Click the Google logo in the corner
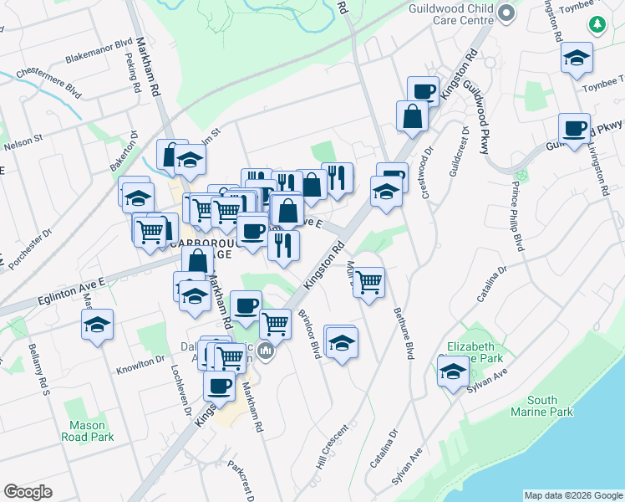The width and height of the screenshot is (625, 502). coord(28,492)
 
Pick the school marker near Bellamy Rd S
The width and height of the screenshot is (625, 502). coord(97,324)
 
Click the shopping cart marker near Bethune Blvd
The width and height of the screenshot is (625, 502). coord(368,282)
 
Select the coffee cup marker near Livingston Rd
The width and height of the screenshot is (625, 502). coord(574,128)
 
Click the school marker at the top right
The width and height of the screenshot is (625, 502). coord(576,59)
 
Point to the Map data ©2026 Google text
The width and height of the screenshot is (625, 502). coord(573,495)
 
